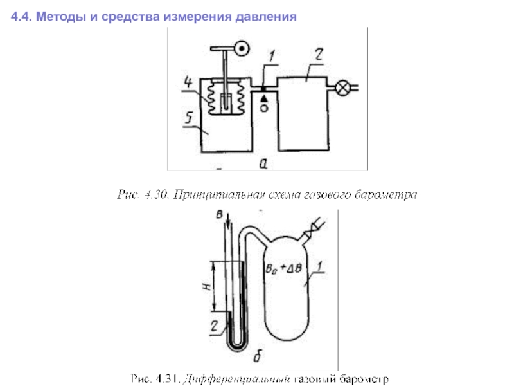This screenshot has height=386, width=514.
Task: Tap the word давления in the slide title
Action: coord(267,15)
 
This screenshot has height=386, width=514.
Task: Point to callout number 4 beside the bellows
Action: coord(188,83)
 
